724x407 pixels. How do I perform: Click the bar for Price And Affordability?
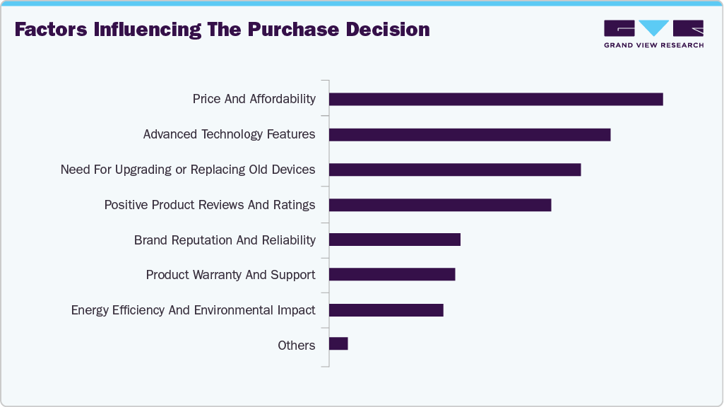(496, 99)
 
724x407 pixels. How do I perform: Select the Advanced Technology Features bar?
(470, 134)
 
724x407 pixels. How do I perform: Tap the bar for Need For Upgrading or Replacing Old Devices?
(455, 170)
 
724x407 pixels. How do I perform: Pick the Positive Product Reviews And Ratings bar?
(440, 205)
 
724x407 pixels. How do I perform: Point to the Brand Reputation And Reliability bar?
(395, 240)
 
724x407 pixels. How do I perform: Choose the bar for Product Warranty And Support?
(392, 275)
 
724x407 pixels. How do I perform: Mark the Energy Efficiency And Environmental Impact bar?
(386, 310)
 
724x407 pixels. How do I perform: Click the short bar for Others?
(338, 343)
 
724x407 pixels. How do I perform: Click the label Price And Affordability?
(254, 99)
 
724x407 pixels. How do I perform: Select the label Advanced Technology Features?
(229, 134)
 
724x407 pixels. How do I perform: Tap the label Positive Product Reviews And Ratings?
(210, 205)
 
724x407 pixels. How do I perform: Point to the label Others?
(296, 346)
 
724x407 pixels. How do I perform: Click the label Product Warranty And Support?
(230, 275)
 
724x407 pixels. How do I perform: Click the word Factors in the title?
(51, 30)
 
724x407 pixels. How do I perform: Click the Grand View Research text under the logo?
(653, 45)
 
